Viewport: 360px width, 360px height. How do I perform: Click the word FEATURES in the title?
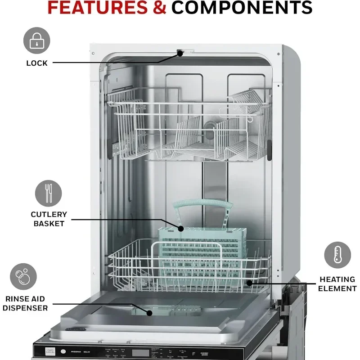pos(106,8)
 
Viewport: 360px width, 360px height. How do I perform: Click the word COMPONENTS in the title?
pos(242,8)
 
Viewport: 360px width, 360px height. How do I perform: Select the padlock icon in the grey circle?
pos(36,40)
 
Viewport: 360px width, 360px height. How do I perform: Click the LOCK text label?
pos(36,63)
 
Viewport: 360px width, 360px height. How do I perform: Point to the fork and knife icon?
pos(48,193)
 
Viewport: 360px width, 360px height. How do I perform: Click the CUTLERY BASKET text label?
pos(49,219)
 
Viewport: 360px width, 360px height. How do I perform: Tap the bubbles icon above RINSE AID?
pos(23,276)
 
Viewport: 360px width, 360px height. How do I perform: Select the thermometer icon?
pos(337,255)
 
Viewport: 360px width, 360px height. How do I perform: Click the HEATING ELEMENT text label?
pos(337,284)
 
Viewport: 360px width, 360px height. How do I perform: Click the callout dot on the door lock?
pos(180,53)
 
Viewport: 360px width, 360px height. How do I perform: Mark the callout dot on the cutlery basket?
pos(181,229)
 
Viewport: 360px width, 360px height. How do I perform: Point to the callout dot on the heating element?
pos(248,283)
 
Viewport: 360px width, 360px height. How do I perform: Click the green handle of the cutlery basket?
pos(203,204)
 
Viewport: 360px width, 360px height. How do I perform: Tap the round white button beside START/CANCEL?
pos(63,352)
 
